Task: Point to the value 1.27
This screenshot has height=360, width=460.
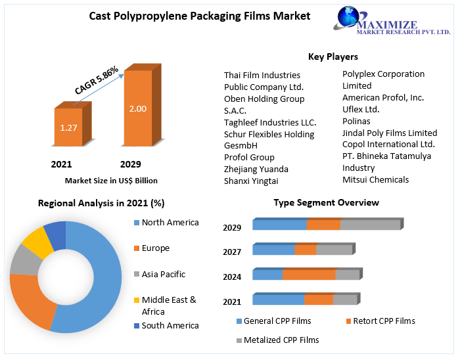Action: pos(68,127)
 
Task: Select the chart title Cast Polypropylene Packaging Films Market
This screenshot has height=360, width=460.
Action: pos(200,16)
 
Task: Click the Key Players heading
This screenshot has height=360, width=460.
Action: pos(333,56)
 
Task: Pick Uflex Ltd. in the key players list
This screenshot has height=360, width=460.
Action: pos(361,109)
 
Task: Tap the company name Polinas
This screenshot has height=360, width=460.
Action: pos(356,121)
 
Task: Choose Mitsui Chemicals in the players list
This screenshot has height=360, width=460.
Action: pos(375,179)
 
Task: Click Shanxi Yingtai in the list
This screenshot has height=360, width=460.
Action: pos(251,181)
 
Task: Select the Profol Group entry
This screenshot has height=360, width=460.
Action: pos(249,157)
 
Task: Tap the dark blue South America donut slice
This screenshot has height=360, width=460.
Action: pos(55,235)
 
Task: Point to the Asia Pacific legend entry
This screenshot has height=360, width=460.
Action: pos(163,274)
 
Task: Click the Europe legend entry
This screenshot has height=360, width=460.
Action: pos(155,248)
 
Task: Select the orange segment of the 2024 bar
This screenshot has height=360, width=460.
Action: pos(308,275)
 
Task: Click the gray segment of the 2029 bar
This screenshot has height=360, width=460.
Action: pos(370,225)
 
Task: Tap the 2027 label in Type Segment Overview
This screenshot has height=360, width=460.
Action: pos(232,252)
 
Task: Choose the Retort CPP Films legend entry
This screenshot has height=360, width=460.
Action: pos(384,321)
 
